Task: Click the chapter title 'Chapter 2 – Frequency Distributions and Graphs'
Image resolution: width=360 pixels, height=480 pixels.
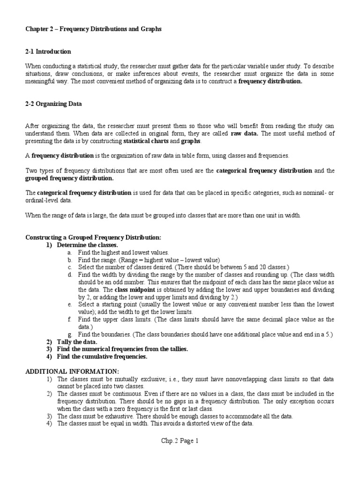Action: point(93,29)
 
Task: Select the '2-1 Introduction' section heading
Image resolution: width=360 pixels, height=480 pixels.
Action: point(48,52)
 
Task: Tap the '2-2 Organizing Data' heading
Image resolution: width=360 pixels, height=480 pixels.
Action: point(53,104)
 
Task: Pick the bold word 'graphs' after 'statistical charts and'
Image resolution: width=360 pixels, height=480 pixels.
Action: point(191,141)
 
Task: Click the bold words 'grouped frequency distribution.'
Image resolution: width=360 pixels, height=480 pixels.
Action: point(69,178)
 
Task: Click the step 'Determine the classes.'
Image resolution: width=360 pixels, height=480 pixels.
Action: point(88,245)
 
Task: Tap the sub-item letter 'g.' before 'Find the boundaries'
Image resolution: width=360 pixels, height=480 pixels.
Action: point(69,334)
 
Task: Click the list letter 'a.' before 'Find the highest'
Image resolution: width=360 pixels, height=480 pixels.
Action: point(69,252)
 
